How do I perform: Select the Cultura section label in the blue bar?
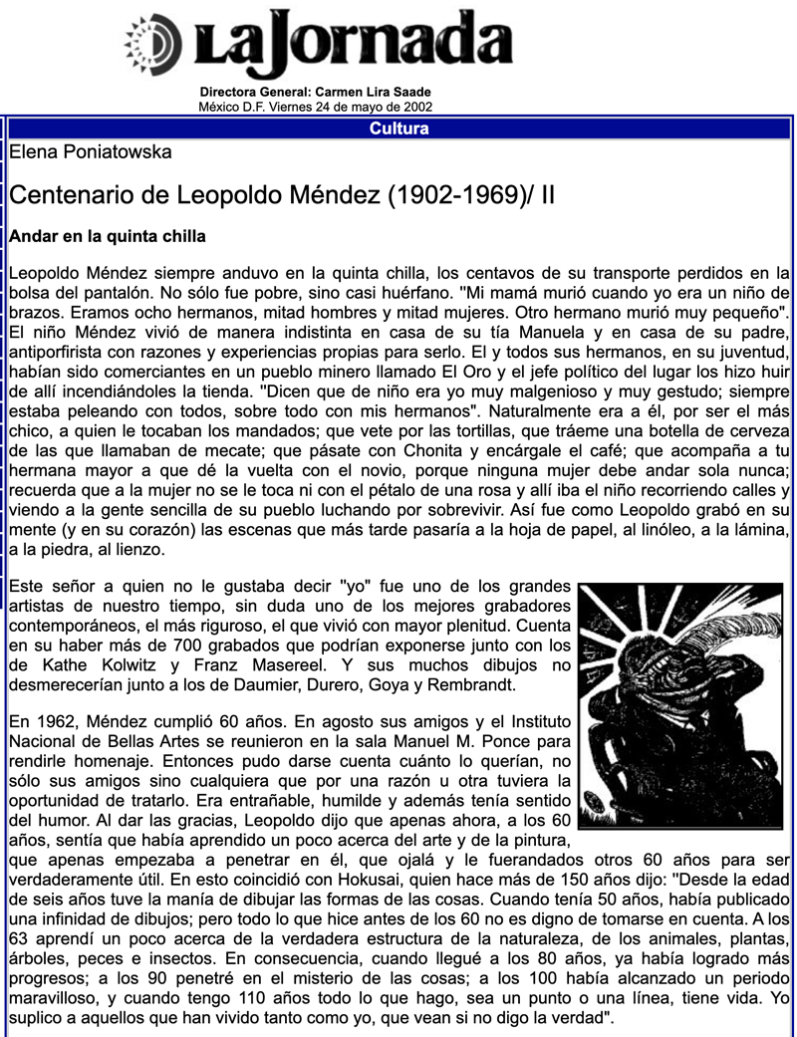pos(398,129)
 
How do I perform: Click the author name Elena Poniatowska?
pos(90,152)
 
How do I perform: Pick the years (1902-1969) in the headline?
pos(452,195)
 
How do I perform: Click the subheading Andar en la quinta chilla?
pos(107,237)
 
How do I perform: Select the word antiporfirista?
pos(62,351)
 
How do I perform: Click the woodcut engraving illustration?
pos(680,705)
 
